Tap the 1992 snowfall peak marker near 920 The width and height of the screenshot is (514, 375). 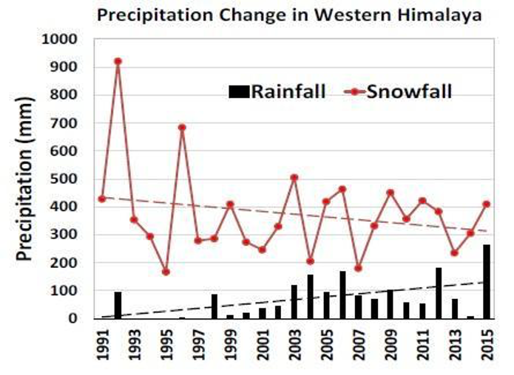tap(118, 61)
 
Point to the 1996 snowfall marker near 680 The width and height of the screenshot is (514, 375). tap(182, 128)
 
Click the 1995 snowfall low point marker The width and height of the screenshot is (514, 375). tap(166, 272)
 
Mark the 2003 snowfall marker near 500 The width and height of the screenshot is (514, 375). tap(294, 178)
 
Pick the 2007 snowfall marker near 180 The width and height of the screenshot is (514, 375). tap(359, 269)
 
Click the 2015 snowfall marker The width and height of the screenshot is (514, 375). tap(487, 204)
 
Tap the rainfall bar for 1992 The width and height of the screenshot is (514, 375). tap(118, 305)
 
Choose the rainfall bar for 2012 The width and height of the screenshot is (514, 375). tap(439, 293)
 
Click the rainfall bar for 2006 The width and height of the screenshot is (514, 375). tap(342, 295)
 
